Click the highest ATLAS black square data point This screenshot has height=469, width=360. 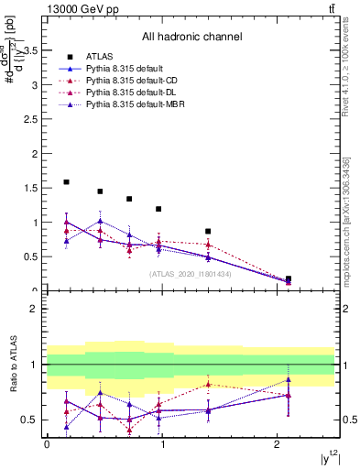click(67, 182)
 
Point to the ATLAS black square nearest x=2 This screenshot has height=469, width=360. click(289, 278)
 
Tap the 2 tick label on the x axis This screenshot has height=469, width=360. click(277, 443)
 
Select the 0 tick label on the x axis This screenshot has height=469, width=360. click(47, 443)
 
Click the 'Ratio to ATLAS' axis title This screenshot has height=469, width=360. click(14, 365)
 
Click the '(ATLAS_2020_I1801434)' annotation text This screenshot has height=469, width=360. click(190, 273)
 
